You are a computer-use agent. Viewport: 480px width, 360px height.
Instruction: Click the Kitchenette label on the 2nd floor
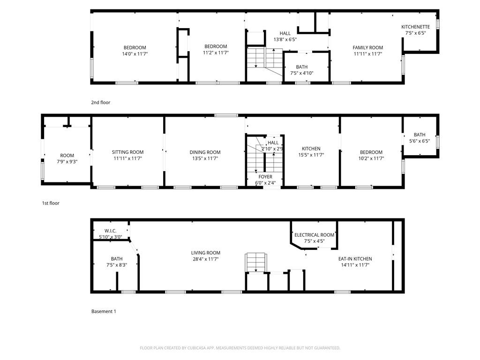pos(415,27)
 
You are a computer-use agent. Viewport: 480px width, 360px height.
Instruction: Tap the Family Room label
pos(368,47)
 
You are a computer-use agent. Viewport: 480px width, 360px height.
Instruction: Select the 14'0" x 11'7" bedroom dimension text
pos(135,54)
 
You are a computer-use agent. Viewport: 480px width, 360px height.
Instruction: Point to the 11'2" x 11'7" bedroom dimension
pos(216,52)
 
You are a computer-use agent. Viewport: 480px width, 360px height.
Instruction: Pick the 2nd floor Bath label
pos(302,67)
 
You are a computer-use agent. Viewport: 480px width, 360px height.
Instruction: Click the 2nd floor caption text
pos(101,102)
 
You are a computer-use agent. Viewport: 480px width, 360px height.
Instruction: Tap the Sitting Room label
pos(127,152)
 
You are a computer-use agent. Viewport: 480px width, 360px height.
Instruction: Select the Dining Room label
pos(205,152)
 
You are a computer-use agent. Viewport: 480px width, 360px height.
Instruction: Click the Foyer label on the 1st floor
pos(265,177)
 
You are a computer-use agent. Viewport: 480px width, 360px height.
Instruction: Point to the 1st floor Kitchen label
pos(311,149)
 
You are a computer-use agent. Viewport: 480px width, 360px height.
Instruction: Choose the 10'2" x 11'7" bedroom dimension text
pos(371,158)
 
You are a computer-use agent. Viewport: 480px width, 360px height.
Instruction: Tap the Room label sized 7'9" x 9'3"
pos(67,156)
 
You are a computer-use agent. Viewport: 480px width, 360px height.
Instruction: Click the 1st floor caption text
pos(51,203)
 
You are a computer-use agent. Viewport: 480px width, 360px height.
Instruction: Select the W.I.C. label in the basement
pos(111,231)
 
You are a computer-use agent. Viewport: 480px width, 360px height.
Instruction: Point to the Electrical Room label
pos(314,235)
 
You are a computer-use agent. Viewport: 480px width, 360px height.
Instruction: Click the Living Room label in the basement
pos(205,253)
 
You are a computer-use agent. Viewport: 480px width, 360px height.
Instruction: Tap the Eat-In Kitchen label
pos(355,259)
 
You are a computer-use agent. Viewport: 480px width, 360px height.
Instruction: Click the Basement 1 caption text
pos(103,311)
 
